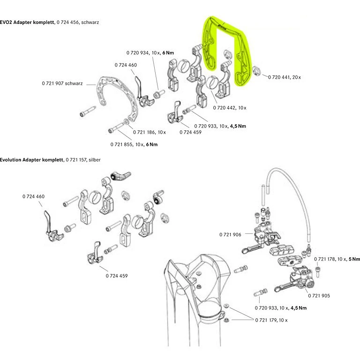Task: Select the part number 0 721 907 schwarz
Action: (62, 83)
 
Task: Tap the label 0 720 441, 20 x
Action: (285, 77)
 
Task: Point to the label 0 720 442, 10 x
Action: (229, 108)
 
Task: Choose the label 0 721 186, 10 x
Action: (149, 132)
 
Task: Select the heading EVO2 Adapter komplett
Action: (27, 22)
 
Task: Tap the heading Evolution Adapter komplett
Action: (31, 160)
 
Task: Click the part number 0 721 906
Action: (230, 234)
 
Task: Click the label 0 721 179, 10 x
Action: (271, 320)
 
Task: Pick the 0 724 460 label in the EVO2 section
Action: (126, 65)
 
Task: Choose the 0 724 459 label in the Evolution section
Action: (116, 276)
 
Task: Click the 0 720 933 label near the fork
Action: (280, 308)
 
